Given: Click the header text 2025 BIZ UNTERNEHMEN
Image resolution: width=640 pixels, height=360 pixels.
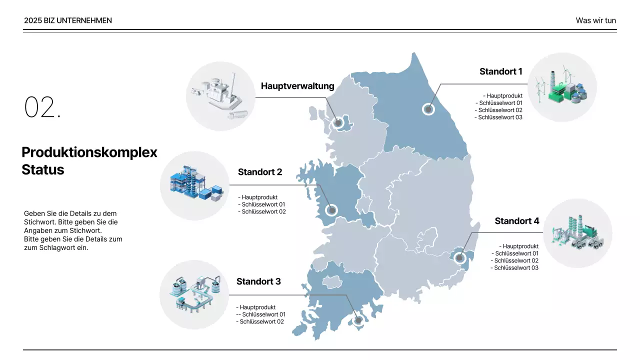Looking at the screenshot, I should (x=68, y=20).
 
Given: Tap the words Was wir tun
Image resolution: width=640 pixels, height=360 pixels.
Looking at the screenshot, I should (x=595, y=20).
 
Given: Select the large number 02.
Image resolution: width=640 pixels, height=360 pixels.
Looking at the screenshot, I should (x=42, y=107).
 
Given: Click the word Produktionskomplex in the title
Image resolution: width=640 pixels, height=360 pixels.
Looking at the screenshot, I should (x=89, y=152).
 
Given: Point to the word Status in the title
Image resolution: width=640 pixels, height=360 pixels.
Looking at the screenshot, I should (x=43, y=169).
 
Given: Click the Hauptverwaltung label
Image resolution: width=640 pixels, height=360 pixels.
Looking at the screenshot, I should (x=297, y=86).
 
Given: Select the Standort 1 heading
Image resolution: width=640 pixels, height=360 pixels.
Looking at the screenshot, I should (x=500, y=71).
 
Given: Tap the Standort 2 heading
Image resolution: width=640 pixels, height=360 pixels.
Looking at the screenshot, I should (x=260, y=172).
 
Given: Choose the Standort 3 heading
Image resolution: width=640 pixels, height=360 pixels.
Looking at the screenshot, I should (x=258, y=281).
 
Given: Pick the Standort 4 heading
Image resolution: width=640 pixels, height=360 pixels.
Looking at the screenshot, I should (x=517, y=221).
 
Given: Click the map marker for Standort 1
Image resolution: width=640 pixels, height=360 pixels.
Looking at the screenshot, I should (x=428, y=108).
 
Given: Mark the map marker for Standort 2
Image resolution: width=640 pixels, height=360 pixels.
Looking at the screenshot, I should (x=331, y=210).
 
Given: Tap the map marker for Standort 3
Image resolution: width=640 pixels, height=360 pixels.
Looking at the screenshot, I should (x=358, y=321).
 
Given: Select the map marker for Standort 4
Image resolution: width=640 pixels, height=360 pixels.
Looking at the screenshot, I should (x=460, y=258).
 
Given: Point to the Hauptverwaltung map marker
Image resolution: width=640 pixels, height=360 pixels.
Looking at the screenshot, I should (x=338, y=122).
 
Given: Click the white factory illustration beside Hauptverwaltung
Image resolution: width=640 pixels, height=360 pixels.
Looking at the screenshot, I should (x=220, y=96).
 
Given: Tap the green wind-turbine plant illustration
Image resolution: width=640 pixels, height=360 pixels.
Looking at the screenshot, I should (x=562, y=87).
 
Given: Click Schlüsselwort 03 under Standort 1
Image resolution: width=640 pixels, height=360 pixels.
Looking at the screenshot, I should (x=499, y=117).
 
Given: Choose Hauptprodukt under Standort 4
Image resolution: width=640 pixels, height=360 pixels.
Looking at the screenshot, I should (x=520, y=246).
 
